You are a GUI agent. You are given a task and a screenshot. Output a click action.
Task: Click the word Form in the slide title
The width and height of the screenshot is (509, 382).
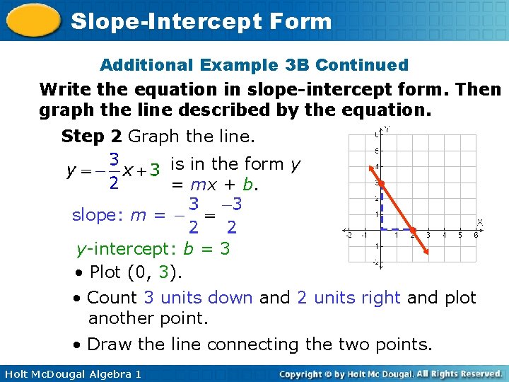click(x=299, y=21)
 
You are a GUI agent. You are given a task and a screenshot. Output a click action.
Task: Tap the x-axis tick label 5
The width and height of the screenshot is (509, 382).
click(x=460, y=236)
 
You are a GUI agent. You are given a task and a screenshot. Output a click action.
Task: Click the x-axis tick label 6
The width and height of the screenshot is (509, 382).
click(x=476, y=236)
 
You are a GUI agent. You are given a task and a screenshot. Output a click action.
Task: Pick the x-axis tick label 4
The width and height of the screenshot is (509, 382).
click(x=443, y=236)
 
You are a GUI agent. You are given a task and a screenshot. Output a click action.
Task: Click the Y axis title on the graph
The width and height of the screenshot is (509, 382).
click(x=387, y=129)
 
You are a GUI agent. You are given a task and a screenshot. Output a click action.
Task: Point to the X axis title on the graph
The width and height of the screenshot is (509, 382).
click(x=480, y=221)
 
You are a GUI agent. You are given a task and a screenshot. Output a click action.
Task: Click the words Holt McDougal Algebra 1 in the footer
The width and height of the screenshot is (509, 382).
click(x=71, y=374)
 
